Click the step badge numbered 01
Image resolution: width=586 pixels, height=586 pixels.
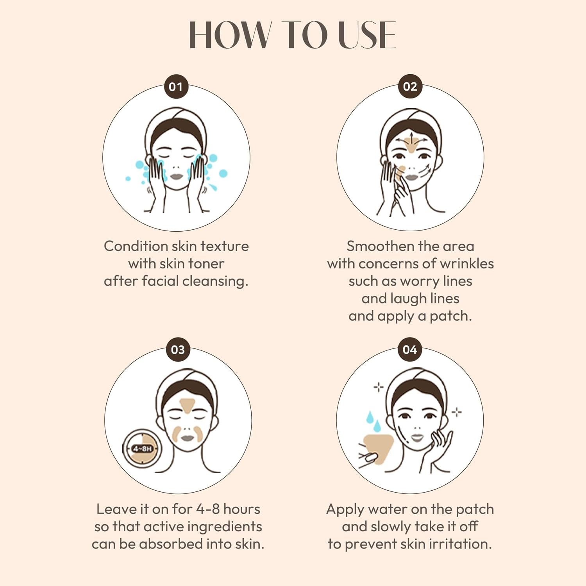[x=176, y=86]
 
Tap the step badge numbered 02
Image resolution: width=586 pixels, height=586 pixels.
[x=410, y=86]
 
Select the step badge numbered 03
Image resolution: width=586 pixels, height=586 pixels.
[x=178, y=349]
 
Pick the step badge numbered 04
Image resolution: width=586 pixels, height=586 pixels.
[x=410, y=349]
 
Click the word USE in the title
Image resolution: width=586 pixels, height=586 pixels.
[x=367, y=35]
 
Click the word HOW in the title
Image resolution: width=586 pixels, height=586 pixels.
[x=230, y=35]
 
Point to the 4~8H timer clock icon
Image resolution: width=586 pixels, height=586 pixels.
[x=142, y=448]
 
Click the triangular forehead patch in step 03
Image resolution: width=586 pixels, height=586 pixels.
[x=187, y=404]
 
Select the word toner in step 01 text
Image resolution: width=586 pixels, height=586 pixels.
[x=206, y=264]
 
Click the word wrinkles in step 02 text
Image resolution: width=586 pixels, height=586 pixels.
[x=467, y=264]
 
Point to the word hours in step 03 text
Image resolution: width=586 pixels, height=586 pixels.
[x=242, y=509]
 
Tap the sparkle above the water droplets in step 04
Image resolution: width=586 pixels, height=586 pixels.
[x=378, y=387]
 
